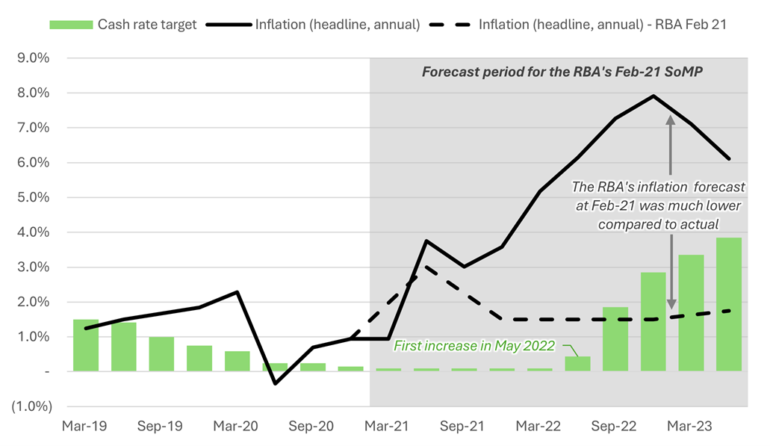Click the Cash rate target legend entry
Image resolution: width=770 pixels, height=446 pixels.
point(123,25)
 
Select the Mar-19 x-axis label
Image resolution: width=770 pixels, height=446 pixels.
point(85,427)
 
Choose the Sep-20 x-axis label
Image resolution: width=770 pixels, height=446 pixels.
point(312,427)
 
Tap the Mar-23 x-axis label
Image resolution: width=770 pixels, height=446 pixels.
point(691,427)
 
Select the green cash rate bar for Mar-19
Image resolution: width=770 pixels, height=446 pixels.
point(85,346)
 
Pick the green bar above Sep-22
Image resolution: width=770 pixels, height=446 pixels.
point(615,339)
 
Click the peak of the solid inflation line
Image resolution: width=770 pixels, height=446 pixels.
point(653,96)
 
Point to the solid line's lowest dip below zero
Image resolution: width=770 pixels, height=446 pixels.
point(275,383)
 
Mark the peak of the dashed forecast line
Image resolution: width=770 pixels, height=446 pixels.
point(426,265)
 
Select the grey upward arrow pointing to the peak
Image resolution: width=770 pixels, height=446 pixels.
point(670,146)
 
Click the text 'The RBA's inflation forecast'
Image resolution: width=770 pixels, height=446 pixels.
point(658,187)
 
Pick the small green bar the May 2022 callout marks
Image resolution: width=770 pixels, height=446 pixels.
point(577,364)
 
